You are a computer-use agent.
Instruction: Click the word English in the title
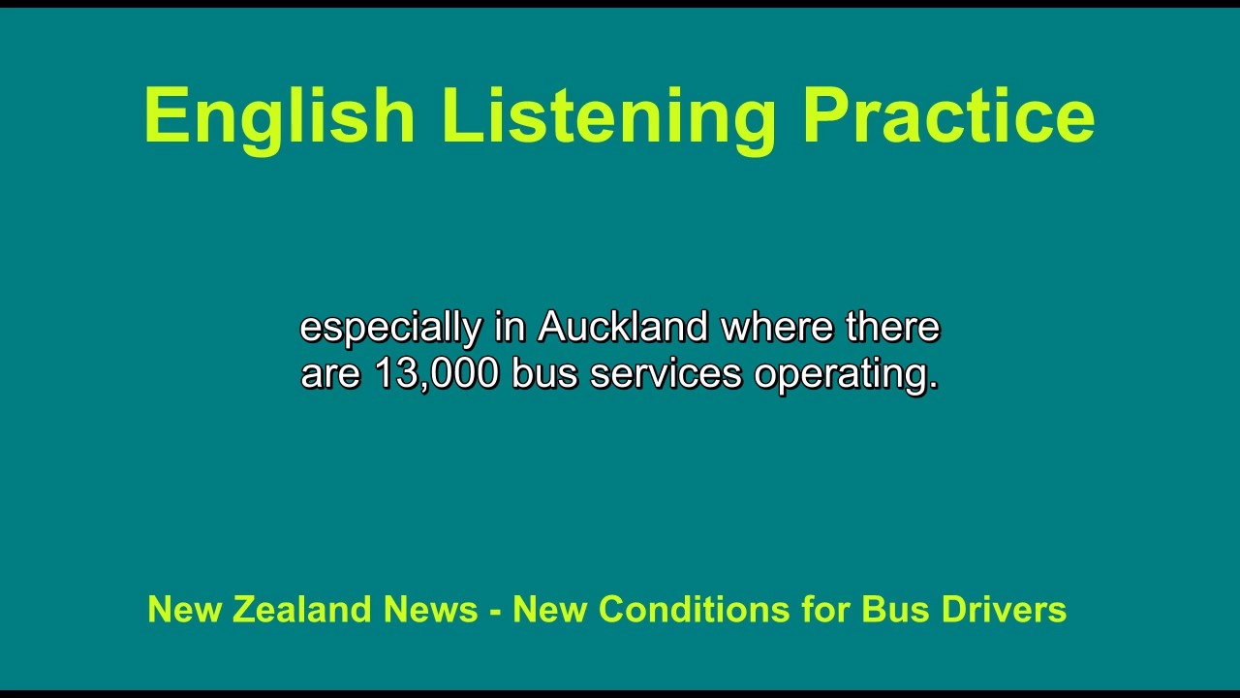pos(279,116)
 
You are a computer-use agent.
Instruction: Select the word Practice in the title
pos(947,116)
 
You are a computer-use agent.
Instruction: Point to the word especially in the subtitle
pos(390,329)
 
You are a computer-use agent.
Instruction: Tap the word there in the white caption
pos(892,327)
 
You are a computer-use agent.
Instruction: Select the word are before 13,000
pos(330,374)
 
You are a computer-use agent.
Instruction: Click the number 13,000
pos(436,374)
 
